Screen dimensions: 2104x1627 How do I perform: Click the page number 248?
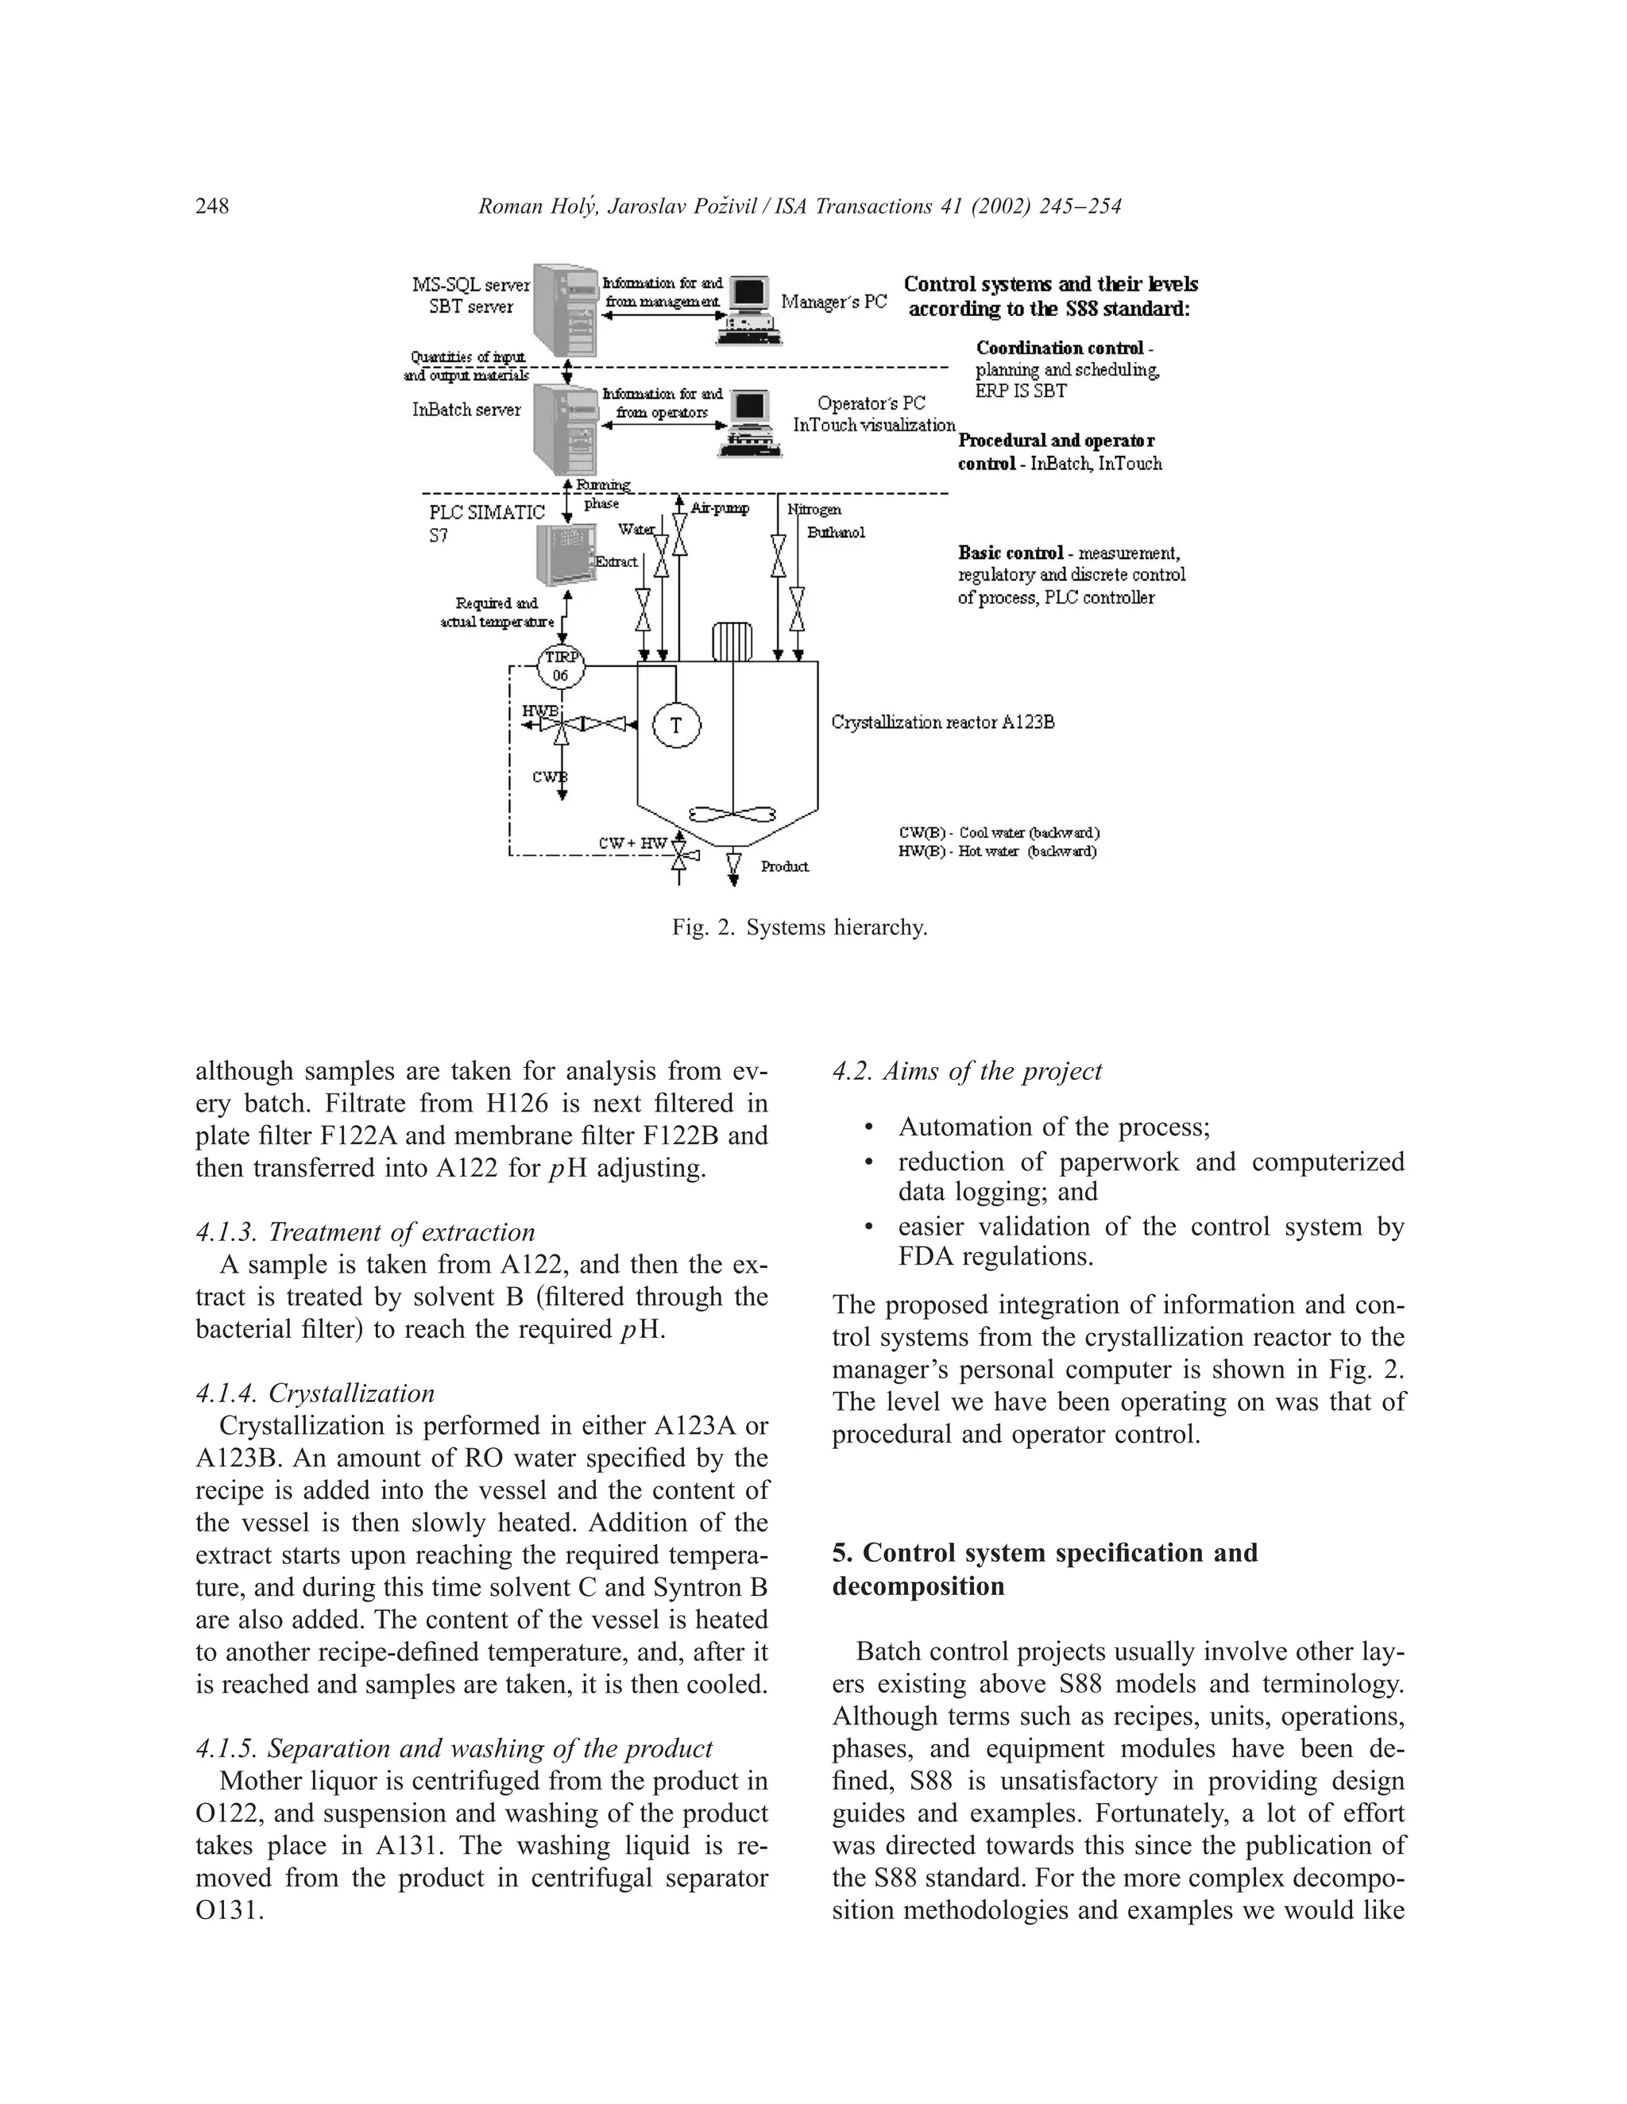point(212,206)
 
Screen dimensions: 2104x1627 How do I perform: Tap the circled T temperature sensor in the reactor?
point(676,726)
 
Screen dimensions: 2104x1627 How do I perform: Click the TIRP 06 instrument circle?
point(560,665)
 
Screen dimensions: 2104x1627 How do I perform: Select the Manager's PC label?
point(833,302)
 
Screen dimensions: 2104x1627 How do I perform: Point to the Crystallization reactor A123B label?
point(943,722)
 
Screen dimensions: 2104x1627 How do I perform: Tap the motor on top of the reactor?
point(732,642)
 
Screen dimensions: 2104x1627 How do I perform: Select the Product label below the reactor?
point(785,867)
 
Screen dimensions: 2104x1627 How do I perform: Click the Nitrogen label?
point(814,509)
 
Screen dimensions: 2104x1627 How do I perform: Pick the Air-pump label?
point(719,507)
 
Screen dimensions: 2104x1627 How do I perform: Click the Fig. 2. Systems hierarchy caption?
point(799,927)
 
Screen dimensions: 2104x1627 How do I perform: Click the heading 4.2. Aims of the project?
point(967,1071)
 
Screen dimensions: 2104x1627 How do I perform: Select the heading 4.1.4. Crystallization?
point(315,1393)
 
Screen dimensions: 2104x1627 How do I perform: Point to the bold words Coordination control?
point(1059,348)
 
